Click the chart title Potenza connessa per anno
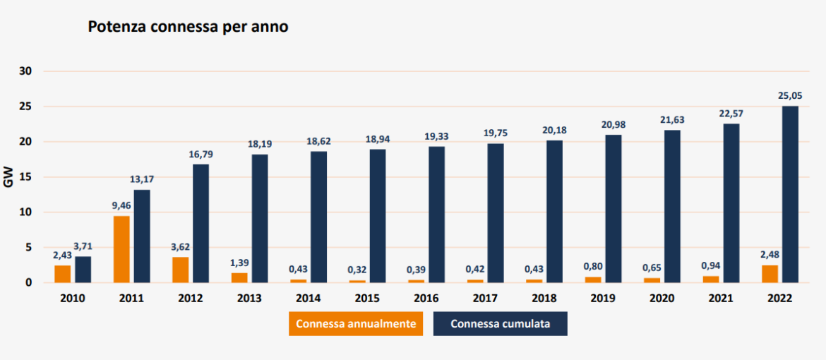[187, 27]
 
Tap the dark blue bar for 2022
[790, 195]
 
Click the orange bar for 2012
[181, 270]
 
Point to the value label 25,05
[791, 95]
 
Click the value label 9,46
[121, 206]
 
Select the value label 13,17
[142, 179]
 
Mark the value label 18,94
[378, 139]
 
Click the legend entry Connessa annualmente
[356, 324]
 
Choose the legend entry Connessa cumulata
[500, 324]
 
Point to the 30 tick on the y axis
[26, 71]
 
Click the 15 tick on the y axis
[26, 177]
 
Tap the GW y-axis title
[9, 178]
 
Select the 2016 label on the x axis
[426, 299]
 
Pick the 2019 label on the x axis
[602, 299]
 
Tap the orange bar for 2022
[770, 274]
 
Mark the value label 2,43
[63, 255]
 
